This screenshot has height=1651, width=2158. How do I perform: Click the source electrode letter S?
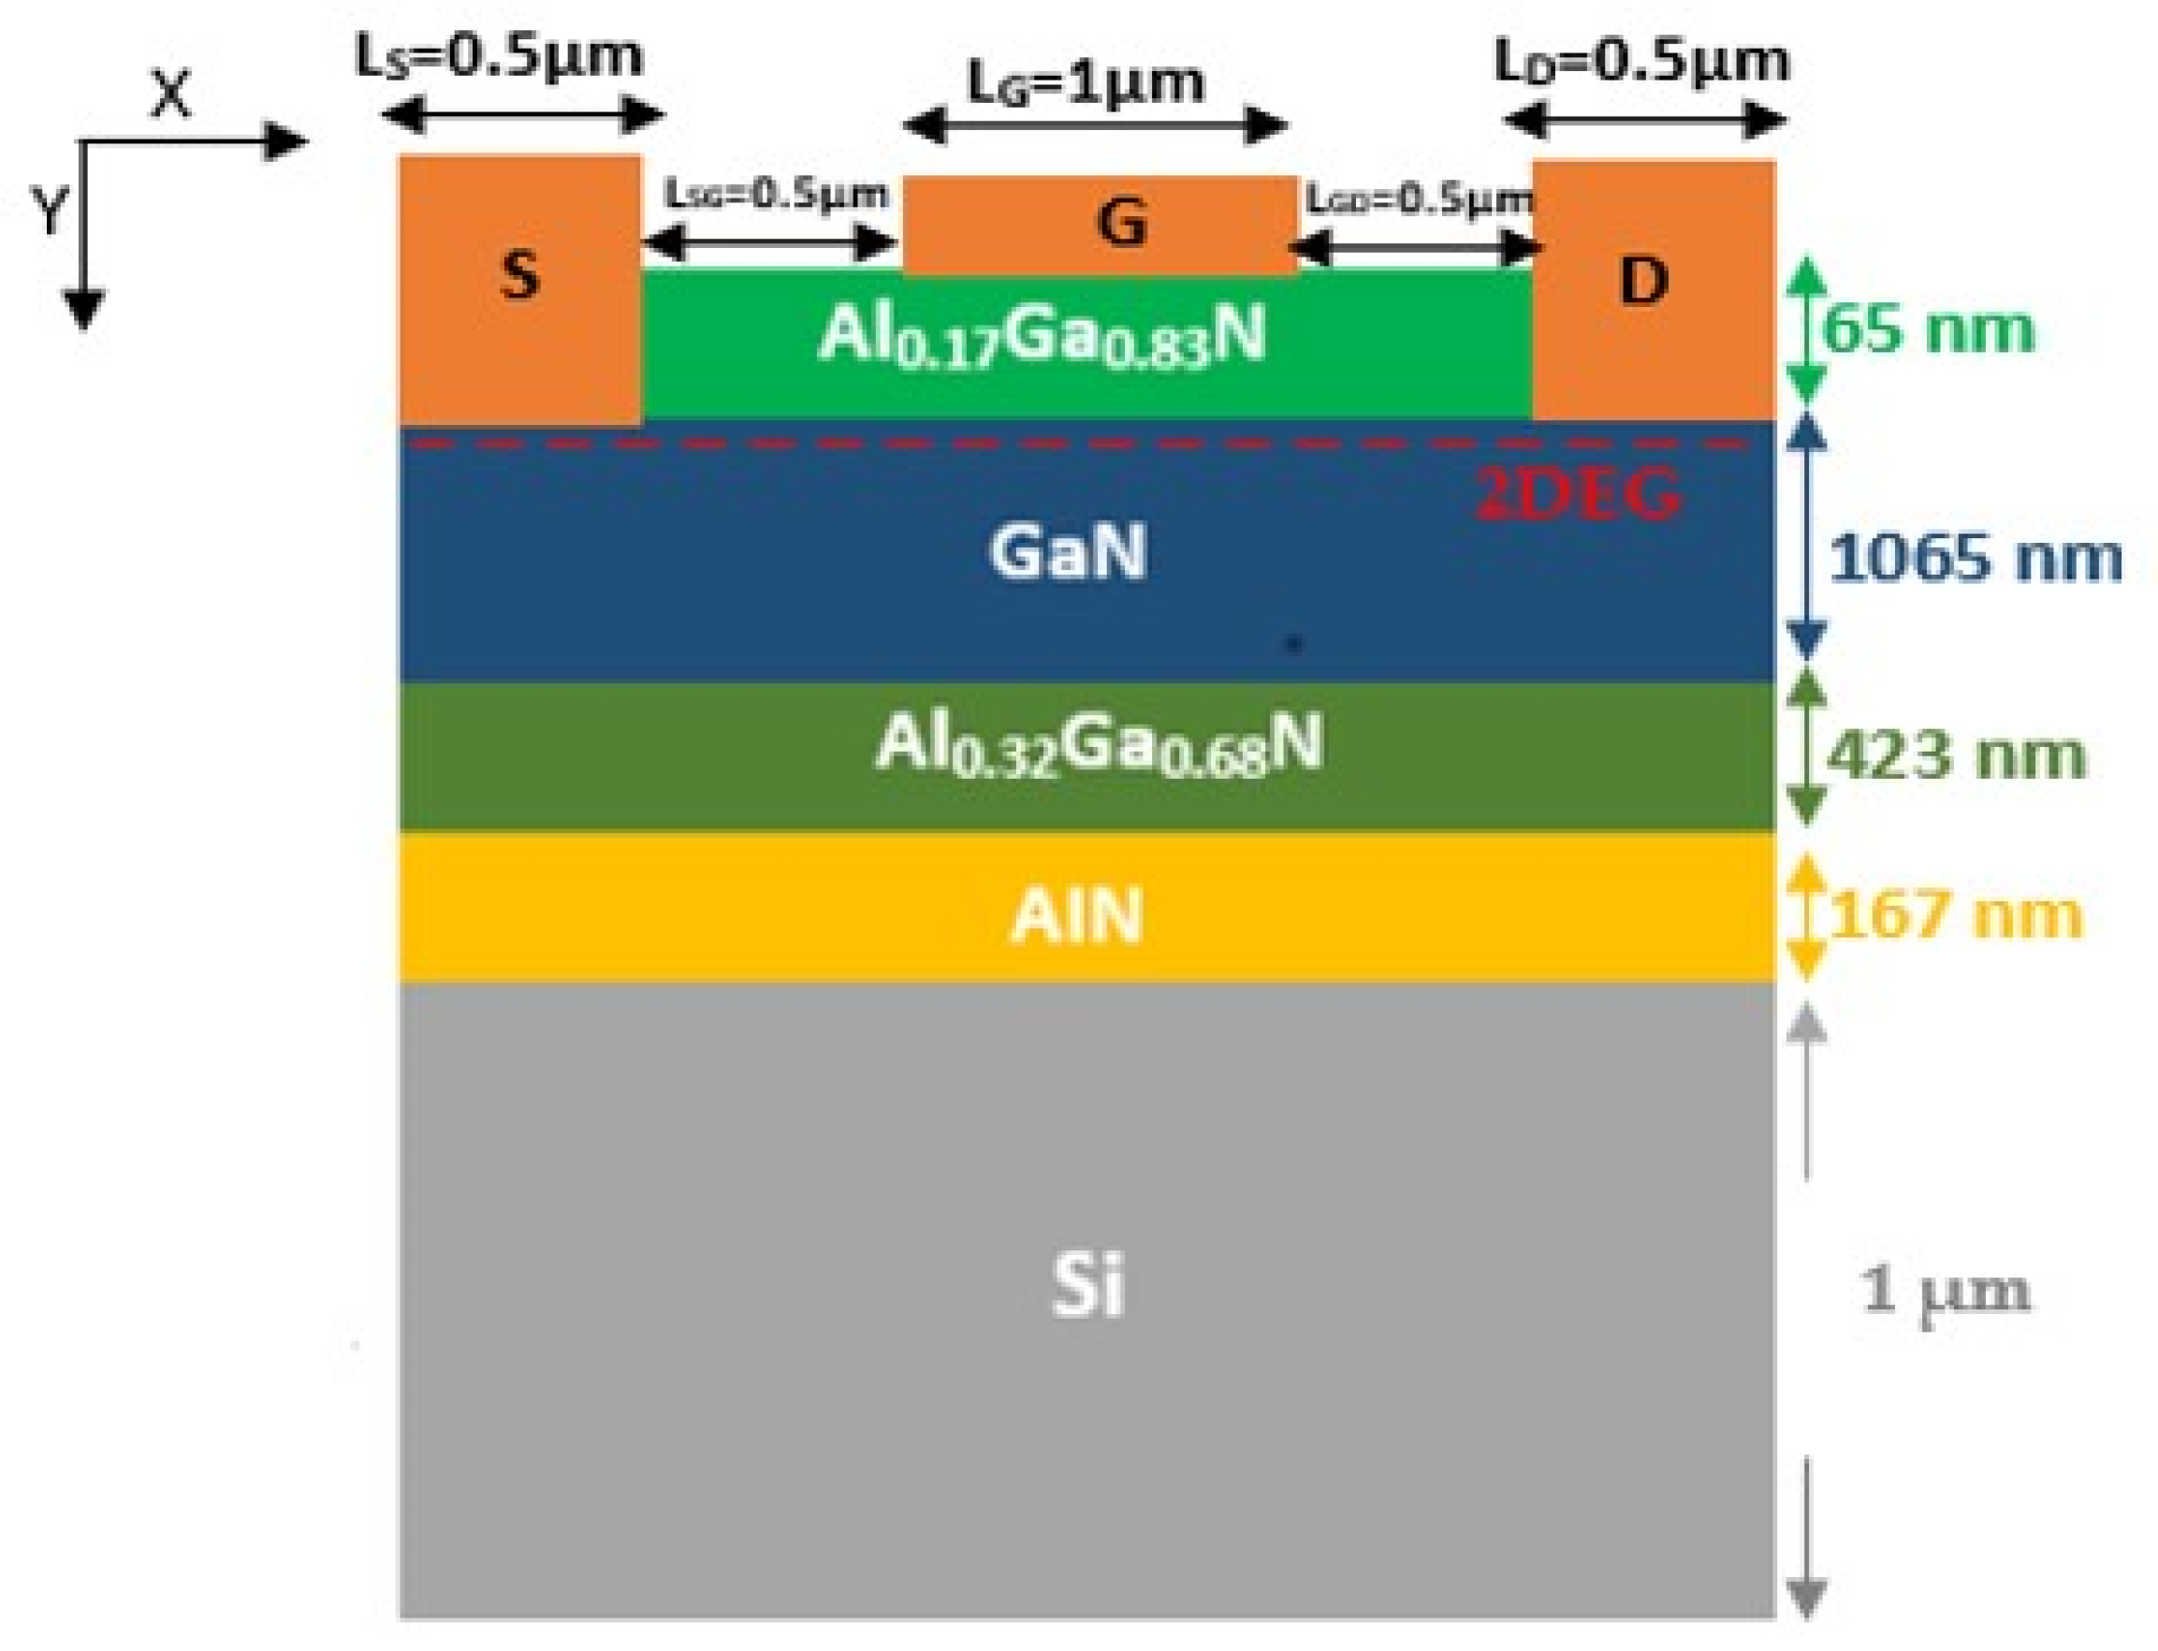(519, 276)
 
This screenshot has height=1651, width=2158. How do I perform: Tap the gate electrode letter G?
(1121, 222)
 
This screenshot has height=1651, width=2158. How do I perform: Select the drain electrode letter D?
(1644, 282)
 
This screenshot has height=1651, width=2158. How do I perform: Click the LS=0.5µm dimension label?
(499, 56)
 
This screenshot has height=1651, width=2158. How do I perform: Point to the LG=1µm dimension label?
(1086, 82)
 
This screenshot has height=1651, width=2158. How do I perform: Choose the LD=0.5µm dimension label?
(1642, 61)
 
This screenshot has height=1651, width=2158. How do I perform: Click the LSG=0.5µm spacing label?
(777, 194)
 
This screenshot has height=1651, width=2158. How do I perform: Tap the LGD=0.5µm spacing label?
(1419, 199)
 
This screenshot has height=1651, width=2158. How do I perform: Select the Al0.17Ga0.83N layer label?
(1041, 337)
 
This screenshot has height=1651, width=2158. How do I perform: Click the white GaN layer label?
(1067, 552)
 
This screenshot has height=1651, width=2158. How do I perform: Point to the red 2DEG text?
(1578, 493)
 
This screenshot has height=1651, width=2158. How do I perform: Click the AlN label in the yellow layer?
(1077, 916)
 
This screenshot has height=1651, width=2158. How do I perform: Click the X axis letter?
(171, 95)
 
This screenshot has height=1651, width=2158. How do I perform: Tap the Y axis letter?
(50, 212)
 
